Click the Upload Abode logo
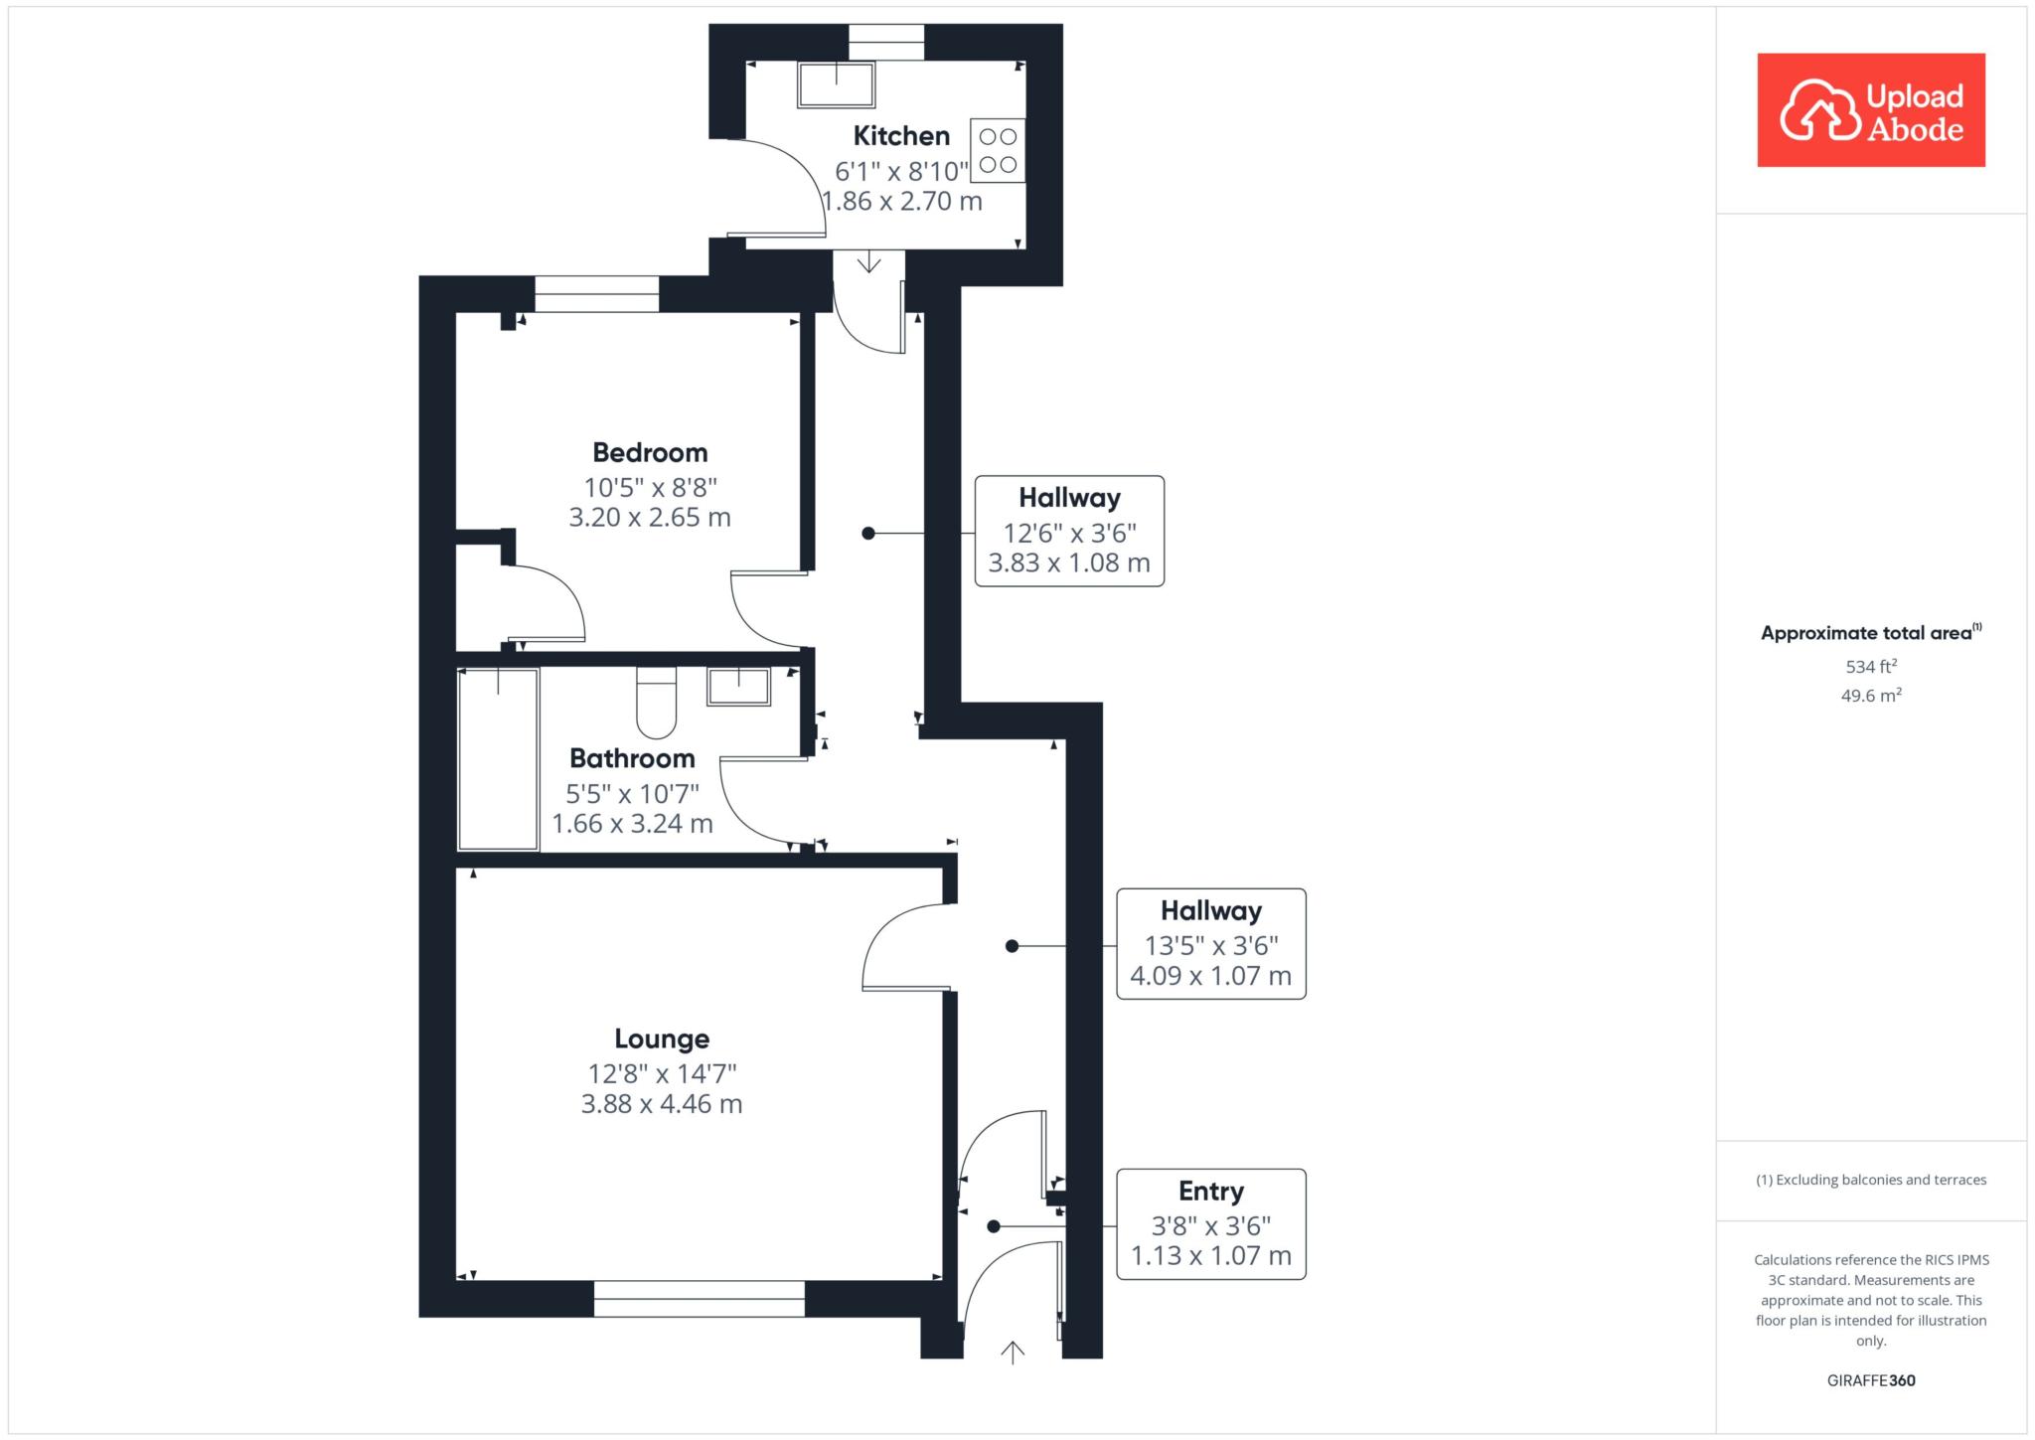tap(1871, 110)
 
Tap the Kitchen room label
tap(901, 135)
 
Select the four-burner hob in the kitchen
tap(998, 151)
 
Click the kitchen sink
tap(836, 84)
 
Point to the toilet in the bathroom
tap(656, 703)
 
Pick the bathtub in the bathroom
tap(498, 759)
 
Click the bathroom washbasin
tap(738, 687)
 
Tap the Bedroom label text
tap(650, 452)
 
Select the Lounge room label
tap(662, 1039)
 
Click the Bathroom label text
tap(632, 758)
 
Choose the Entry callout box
tap(1210, 1223)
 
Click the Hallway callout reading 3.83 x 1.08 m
tap(1069, 531)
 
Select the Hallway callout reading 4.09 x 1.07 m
tap(1210, 943)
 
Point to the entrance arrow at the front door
tap(1012, 1352)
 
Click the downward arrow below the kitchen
tap(869, 261)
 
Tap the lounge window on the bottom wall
tap(700, 1299)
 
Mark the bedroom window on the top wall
tap(597, 294)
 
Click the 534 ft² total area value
tap(1871, 666)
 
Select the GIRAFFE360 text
tap(1871, 1380)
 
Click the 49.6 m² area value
tap(1871, 695)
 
